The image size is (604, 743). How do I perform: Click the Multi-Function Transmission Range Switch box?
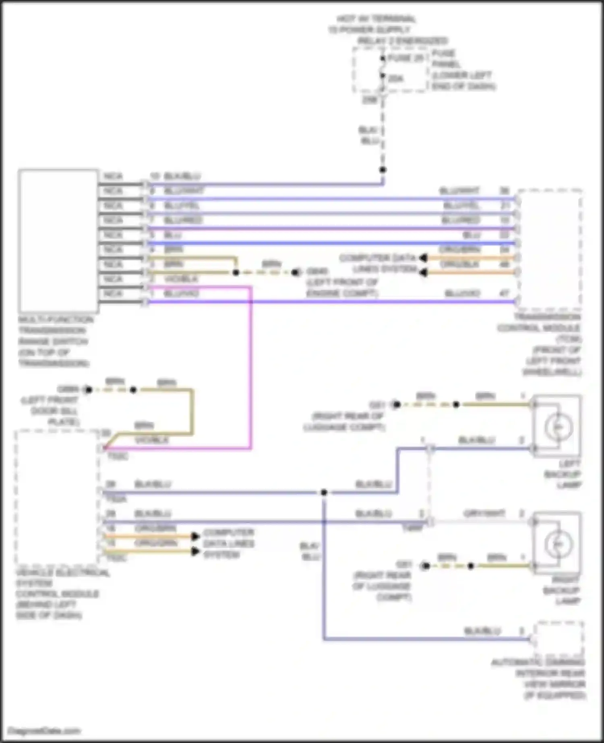[x=58, y=241]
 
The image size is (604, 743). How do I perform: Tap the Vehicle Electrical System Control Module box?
[x=57, y=497]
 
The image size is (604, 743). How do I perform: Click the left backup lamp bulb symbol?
[x=558, y=427]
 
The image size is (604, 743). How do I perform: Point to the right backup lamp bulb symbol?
[x=558, y=544]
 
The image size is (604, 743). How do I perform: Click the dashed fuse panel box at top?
[x=389, y=69]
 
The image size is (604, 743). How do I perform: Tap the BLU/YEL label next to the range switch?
[x=181, y=206]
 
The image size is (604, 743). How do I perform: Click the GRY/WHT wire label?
[x=484, y=514]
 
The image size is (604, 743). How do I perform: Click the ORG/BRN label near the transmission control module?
[x=459, y=250]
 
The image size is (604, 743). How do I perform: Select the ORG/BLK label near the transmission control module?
[x=459, y=264]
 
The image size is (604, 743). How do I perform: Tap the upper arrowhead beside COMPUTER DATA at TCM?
[x=423, y=258]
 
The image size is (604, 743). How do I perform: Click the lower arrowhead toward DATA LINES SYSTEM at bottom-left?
[x=195, y=551]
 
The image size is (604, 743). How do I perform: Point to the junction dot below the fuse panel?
[x=383, y=170]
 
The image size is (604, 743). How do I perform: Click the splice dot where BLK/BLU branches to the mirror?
[x=324, y=492]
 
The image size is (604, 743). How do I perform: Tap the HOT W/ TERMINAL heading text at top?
[x=376, y=19]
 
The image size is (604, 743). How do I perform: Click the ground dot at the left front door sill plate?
[x=88, y=390]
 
